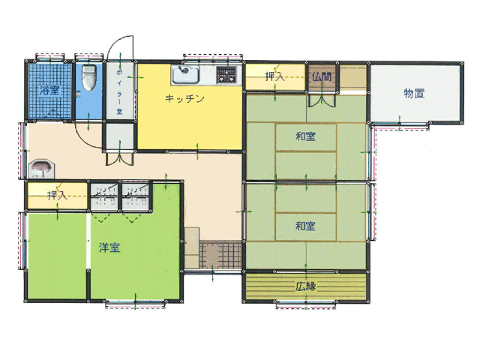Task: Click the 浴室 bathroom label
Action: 49,90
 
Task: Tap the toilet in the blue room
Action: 89,78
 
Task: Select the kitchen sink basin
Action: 186,74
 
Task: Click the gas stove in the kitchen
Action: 226,75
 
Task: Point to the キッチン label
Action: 184,98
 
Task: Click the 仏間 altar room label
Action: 322,76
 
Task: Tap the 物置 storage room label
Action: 414,93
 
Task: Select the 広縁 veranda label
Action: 305,286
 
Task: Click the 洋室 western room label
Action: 109,247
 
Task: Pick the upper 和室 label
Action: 305,136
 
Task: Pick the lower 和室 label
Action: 305,226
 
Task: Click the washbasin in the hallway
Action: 41,169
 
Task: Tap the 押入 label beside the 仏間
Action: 274,76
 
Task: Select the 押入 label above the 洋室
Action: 57,195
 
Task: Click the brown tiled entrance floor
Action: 220,255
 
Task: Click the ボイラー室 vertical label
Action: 119,92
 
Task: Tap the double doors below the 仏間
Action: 322,100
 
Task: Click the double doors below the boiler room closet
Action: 120,158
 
